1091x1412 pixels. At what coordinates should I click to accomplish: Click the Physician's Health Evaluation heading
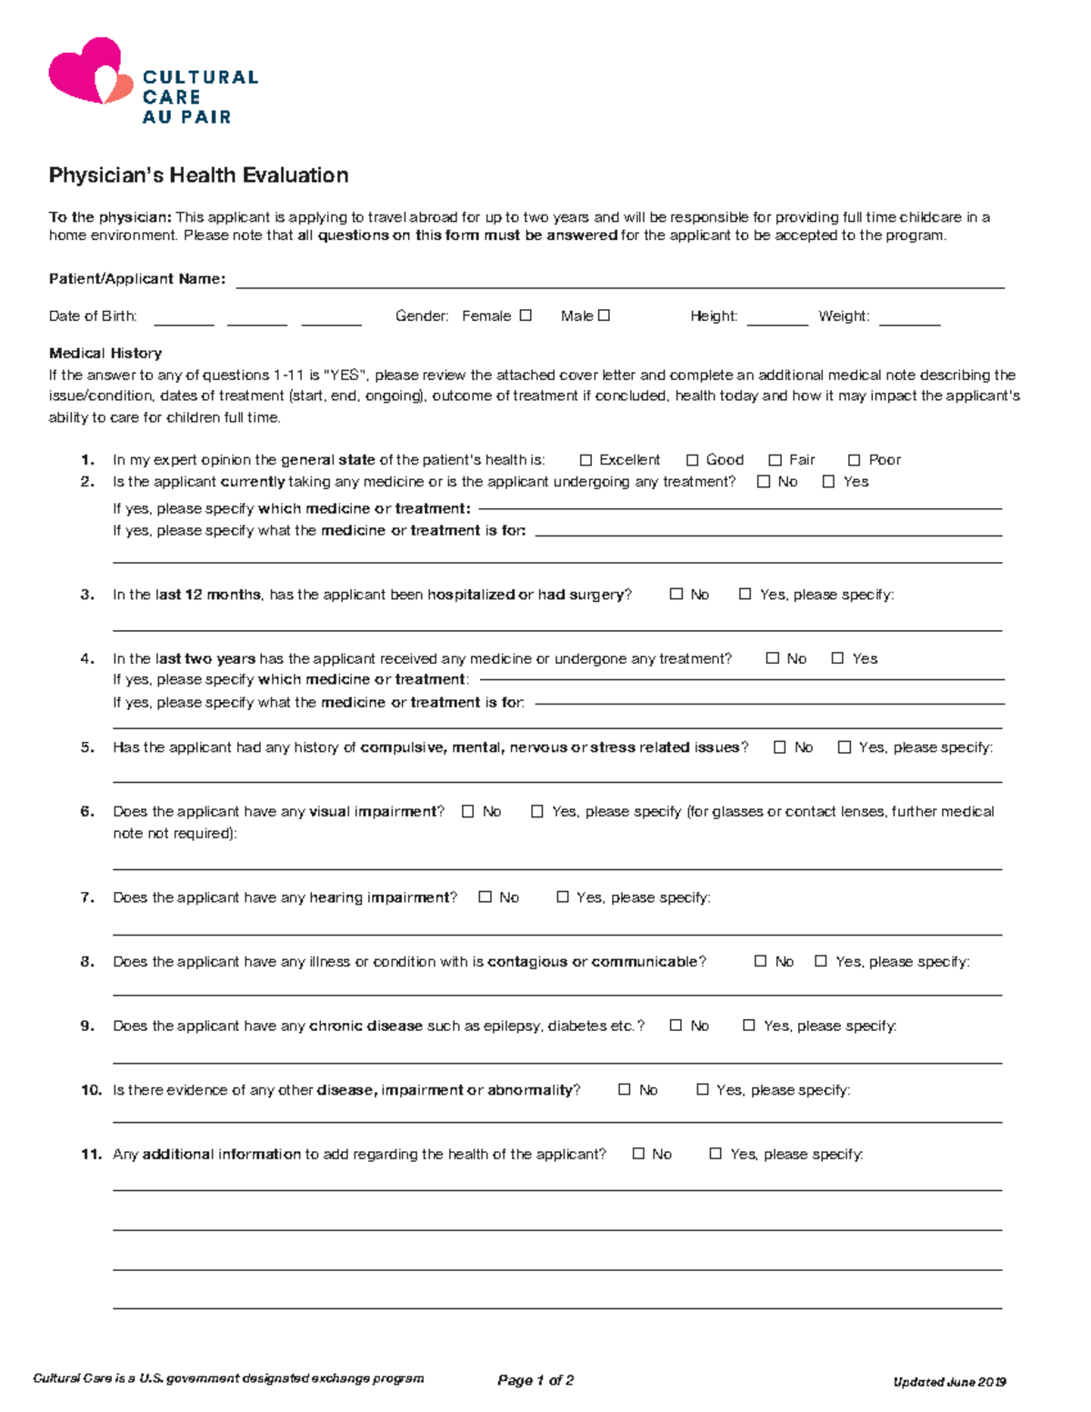[x=198, y=175]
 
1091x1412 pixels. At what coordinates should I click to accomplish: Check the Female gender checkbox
[x=525, y=315]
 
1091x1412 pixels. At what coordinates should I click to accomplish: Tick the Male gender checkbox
[x=604, y=315]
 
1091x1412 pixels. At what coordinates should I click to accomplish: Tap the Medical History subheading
[x=105, y=353]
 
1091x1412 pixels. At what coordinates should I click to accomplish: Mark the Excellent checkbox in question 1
[x=586, y=460]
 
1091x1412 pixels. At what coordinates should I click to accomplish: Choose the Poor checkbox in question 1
[x=854, y=460]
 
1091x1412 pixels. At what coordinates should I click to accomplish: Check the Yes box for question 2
[x=828, y=482]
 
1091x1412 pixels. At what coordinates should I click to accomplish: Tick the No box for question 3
[x=676, y=594]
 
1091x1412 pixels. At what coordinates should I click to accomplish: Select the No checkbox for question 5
[x=779, y=747]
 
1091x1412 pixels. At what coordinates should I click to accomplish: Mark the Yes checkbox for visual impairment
[x=537, y=811]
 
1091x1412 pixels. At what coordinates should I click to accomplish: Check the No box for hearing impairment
[x=485, y=897]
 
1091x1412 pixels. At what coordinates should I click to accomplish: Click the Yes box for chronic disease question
[x=749, y=1026]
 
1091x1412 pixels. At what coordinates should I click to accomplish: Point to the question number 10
[x=91, y=1090]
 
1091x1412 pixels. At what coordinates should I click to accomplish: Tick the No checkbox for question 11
[x=638, y=1154]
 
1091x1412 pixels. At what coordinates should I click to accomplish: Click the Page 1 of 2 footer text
[x=535, y=1380]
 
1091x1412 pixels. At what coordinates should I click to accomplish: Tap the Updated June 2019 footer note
[x=949, y=1382]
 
